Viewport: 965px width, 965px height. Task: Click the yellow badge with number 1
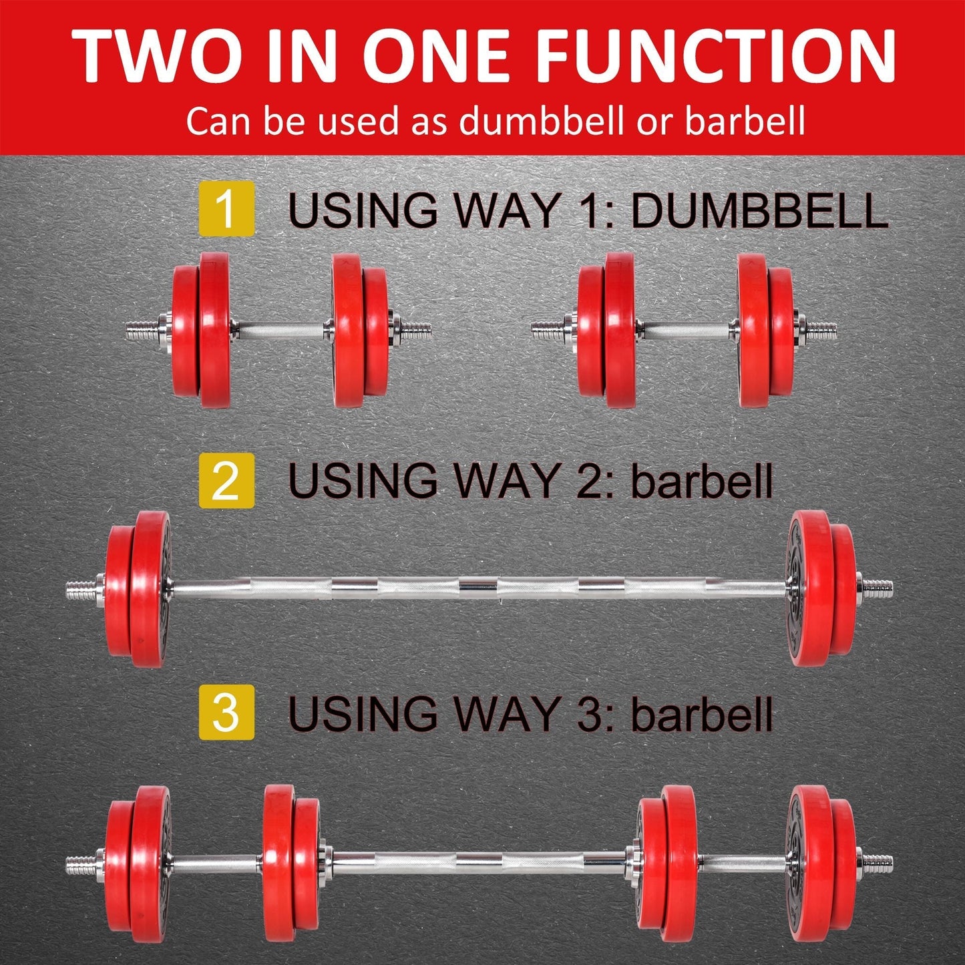click(x=226, y=208)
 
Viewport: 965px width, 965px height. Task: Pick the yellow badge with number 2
click(x=226, y=480)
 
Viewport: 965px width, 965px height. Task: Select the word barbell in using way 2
click(x=701, y=481)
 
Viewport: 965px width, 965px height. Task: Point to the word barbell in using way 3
click(x=701, y=713)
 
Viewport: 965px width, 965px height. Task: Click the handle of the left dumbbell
click(x=280, y=329)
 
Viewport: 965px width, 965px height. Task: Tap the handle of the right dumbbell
click(x=687, y=329)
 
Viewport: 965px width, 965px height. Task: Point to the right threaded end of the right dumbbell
click(x=821, y=329)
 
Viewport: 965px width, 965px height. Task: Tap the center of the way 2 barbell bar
click(x=478, y=588)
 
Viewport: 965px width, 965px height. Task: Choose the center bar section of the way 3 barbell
click(x=478, y=863)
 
